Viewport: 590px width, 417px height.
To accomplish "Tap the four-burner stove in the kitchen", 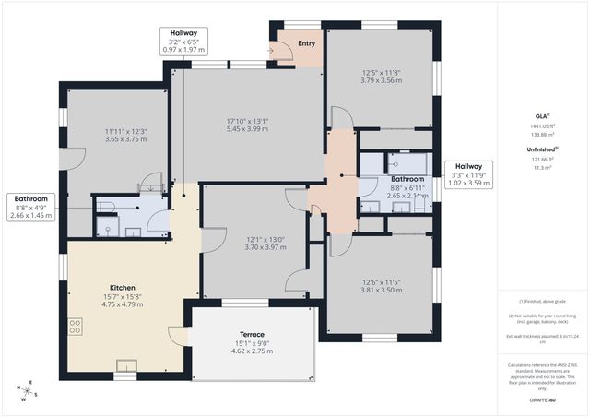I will (76, 327).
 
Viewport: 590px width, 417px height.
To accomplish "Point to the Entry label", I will (306, 41).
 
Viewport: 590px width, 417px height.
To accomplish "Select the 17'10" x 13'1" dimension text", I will (247, 121).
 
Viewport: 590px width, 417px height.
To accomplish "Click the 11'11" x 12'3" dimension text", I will (125, 131).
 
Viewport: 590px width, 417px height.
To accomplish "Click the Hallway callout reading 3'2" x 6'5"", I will (183, 42).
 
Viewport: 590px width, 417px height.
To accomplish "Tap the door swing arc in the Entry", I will (280, 54).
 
